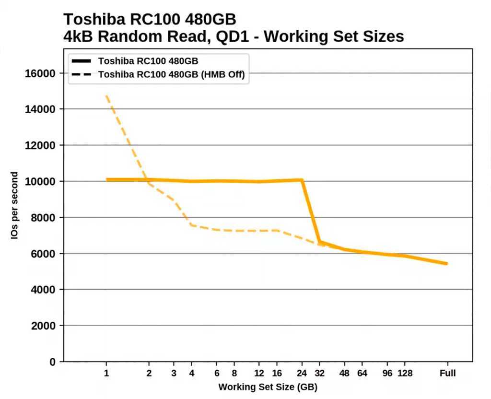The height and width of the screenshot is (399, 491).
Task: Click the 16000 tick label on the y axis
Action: click(x=40, y=73)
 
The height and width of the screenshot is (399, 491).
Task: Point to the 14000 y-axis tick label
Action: click(x=40, y=109)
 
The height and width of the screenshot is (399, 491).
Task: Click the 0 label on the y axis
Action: click(x=53, y=362)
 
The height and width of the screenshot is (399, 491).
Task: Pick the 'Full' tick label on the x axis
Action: click(x=447, y=374)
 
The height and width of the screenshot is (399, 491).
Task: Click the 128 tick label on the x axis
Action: click(x=405, y=374)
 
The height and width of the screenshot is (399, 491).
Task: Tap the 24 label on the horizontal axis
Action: click(x=302, y=374)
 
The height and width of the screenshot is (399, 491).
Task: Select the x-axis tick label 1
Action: click(x=106, y=374)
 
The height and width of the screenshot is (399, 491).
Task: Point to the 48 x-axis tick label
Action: click(x=345, y=374)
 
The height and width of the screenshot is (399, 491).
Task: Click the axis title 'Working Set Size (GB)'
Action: click(x=268, y=387)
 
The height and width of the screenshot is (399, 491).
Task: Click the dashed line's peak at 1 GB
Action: click(x=106, y=96)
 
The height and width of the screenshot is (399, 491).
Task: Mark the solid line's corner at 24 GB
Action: click(x=302, y=180)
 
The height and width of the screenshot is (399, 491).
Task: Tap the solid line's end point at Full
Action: click(x=447, y=263)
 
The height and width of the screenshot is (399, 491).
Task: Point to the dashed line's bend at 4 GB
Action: click(x=191, y=225)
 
